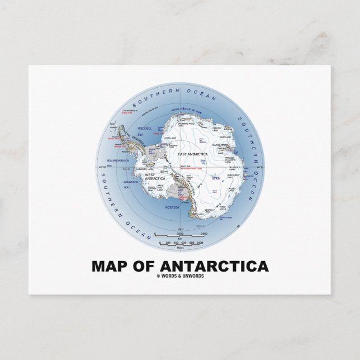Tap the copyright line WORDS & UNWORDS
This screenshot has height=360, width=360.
pyautogui.click(x=181, y=274)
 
